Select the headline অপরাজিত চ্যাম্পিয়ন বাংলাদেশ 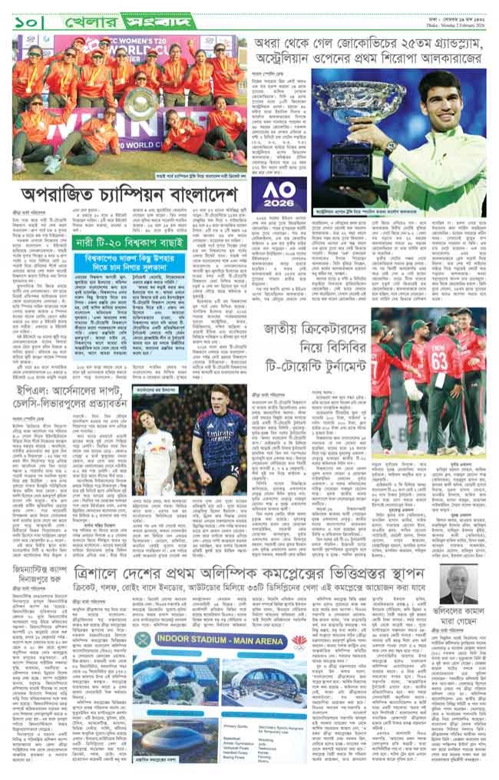tap(129, 193)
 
